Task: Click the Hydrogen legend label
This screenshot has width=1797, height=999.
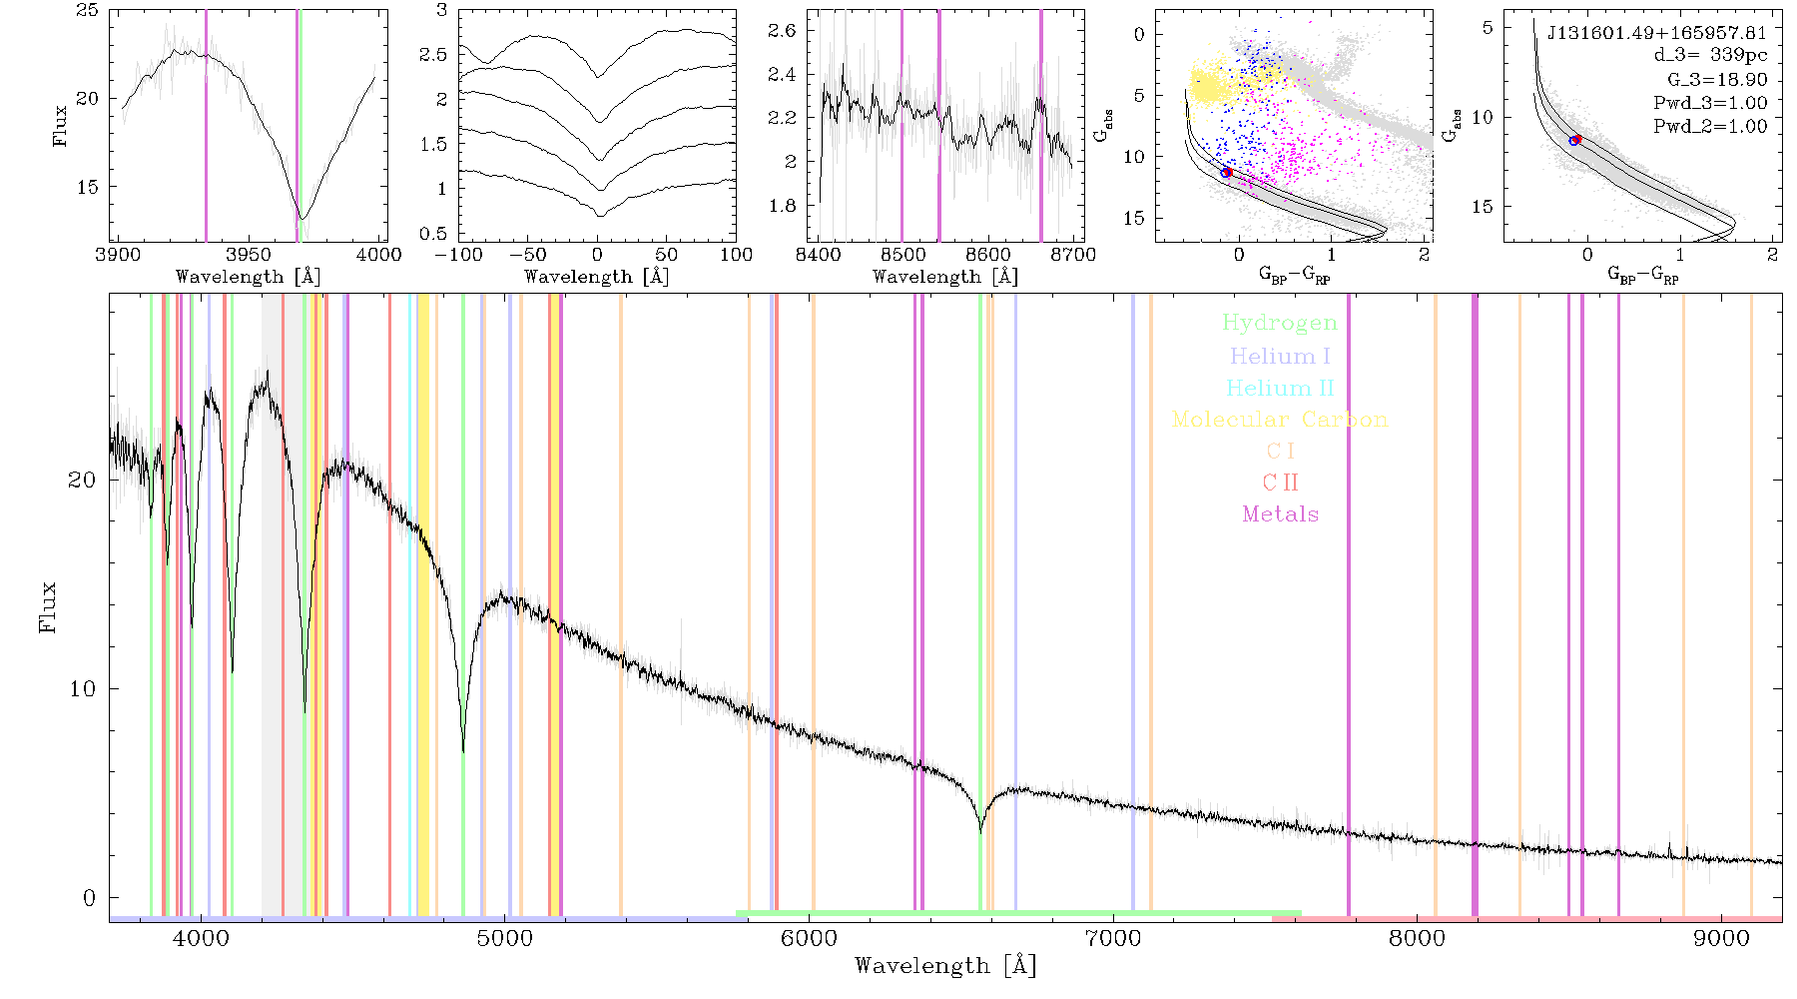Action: point(1280,324)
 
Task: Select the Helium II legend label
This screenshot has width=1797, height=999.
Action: point(1280,388)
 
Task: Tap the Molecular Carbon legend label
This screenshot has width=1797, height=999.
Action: point(1280,420)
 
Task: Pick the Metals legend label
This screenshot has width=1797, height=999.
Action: point(1281,514)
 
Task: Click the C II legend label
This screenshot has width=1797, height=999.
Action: point(1281,483)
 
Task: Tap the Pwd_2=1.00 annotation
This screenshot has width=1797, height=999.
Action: point(1710,126)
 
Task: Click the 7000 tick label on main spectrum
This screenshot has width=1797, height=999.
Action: point(1113,938)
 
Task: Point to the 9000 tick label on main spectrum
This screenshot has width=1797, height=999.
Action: point(1721,938)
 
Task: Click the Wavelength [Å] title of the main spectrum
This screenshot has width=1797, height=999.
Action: point(944,966)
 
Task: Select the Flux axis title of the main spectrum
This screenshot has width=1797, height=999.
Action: point(48,607)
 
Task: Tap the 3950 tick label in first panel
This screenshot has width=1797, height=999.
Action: point(249,255)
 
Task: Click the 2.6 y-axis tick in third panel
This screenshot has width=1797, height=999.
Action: point(783,31)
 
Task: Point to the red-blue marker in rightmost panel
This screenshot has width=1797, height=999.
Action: point(1575,140)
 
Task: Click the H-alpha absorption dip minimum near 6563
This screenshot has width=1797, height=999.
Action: point(980,831)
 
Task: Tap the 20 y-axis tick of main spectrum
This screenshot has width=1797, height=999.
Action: point(82,480)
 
